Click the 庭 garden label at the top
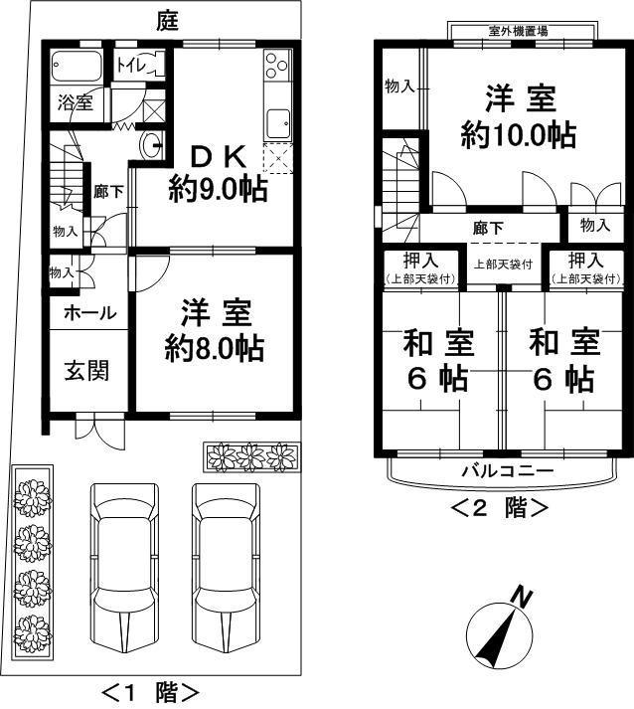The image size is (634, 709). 168,21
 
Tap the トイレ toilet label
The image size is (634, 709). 131,66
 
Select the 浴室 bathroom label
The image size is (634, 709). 76,102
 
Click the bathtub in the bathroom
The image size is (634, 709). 77,68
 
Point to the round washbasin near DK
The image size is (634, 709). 153,146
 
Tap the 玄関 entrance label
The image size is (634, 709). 87,371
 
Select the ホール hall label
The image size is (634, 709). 89,313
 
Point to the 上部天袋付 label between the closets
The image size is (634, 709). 502,265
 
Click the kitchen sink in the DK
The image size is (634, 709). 276,125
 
